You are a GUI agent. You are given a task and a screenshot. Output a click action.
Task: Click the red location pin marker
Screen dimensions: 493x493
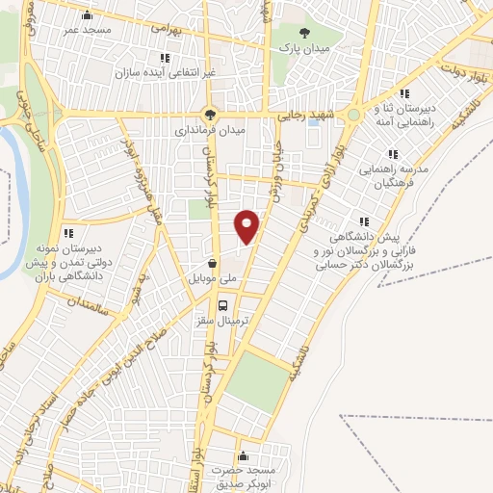coord(247,225)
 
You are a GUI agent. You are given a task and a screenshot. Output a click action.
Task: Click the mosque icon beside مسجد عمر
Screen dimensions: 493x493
coord(89,14)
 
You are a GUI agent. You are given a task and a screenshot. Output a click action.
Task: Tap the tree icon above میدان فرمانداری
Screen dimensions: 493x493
coord(211,113)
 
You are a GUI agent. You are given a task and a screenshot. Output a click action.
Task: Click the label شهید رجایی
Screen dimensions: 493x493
coord(303,115)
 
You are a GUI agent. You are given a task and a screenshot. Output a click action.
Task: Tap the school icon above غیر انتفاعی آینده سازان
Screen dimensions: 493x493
coord(165,59)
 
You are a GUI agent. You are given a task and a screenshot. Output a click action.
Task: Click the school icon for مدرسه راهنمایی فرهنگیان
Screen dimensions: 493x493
coord(392,154)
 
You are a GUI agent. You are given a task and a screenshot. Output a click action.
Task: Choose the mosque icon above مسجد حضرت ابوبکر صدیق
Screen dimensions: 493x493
coord(242,455)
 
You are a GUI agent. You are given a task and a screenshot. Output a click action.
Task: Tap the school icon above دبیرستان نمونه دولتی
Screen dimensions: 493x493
coord(67,232)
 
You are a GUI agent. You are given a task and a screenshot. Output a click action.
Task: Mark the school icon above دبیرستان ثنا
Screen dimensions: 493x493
coord(404,93)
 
